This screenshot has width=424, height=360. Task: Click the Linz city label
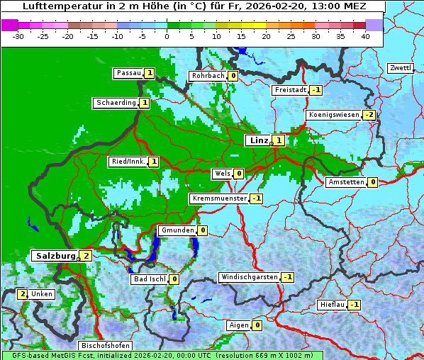click(258, 140)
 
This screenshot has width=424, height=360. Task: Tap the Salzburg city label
click(54, 255)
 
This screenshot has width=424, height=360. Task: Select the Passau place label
click(128, 73)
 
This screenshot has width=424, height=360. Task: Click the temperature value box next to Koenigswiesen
click(369, 115)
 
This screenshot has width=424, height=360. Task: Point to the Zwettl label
click(400, 68)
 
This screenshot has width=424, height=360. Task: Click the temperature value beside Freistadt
click(316, 90)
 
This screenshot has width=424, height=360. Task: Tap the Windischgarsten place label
click(249, 277)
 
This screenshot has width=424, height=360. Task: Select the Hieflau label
click(332, 305)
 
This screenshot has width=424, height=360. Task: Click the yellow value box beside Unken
click(23, 293)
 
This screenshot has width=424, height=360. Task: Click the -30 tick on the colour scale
click(18, 36)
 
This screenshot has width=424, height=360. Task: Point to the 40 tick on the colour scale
click(364, 36)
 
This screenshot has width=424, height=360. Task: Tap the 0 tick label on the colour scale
click(167, 36)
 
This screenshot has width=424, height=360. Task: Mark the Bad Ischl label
click(149, 279)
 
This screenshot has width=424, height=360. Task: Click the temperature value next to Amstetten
click(372, 182)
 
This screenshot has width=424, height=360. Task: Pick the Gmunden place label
click(177, 230)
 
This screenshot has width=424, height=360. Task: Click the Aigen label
click(238, 325)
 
